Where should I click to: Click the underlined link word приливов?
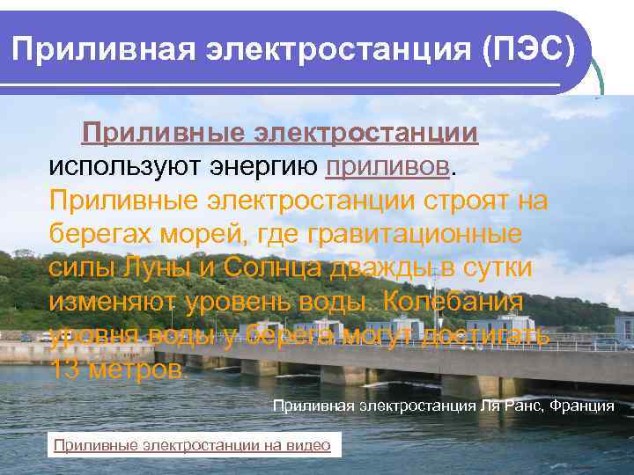coord(388,166)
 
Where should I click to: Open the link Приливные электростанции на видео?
coord(192,445)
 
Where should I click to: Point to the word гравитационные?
coord(417,234)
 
